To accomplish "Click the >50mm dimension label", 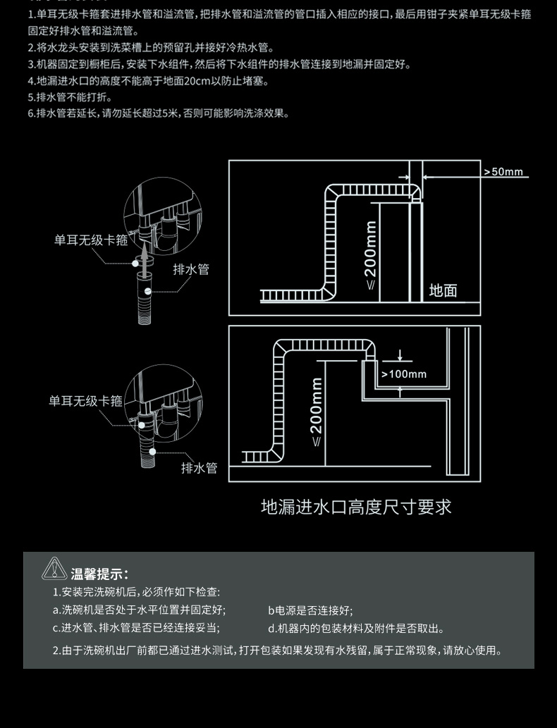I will pyautogui.click(x=503, y=172).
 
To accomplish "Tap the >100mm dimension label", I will pyautogui.click(x=404, y=374).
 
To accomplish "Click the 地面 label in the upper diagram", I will pyautogui.click(x=443, y=290).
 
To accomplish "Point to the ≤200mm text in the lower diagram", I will pyautogui.click(x=317, y=412).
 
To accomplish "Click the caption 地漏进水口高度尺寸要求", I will pyautogui.click(x=356, y=507).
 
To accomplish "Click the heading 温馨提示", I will pyautogui.click(x=99, y=574).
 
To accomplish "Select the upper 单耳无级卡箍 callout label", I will pyautogui.click(x=91, y=240).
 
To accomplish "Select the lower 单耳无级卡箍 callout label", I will pyautogui.click(x=85, y=401).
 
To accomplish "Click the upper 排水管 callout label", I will pyautogui.click(x=191, y=269).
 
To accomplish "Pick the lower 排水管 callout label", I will pyautogui.click(x=199, y=468).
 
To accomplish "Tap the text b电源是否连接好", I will pyautogui.click(x=310, y=611).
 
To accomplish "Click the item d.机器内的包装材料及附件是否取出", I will pyautogui.click(x=356, y=629).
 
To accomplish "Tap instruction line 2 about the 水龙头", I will pyautogui.click(x=150, y=48).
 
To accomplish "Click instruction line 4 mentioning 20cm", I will pyautogui.click(x=148, y=81).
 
